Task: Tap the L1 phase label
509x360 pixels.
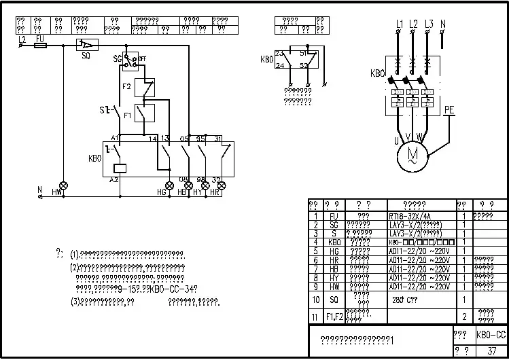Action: click(x=399, y=24)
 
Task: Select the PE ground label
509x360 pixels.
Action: click(x=449, y=109)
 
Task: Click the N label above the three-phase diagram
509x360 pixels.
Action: click(x=443, y=24)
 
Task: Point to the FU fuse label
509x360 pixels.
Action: click(x=39, y=39)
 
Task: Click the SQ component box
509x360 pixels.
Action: click(x=86, y=45)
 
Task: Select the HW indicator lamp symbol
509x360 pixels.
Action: click(x=64, y=185)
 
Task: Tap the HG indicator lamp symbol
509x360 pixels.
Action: click(x=170, y=185)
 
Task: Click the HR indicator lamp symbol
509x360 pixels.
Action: click(x=221, y=185)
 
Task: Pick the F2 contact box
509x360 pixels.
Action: click(x=144, y=87)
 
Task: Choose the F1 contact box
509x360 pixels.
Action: click(x=144, y=113)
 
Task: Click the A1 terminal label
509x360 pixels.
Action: click(x=115, y=138)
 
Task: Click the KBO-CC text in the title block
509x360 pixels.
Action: click(x=491, y=335)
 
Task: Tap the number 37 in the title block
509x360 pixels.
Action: click(x=491, y=351)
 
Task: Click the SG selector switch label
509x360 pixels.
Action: click(x=117, y=60)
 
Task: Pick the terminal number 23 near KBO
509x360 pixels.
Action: click(x=279, y=52)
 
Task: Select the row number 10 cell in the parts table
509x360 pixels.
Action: click(x=315, y=299)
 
